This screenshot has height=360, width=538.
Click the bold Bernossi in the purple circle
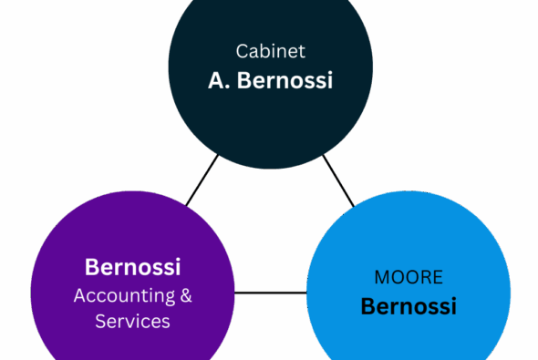[132, 267]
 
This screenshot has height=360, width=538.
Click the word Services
[132, 322]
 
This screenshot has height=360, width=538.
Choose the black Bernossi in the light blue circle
[409, 305]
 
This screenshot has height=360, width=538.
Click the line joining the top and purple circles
[202, 180]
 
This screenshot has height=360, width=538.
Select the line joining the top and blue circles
[338, 180]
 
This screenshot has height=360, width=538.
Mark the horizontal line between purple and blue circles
[270, 293]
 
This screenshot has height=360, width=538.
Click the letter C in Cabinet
[241, 52]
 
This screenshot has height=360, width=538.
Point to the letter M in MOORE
[381, 276]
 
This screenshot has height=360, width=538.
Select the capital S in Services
[99, 322]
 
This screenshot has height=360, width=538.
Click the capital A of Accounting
[79, 295]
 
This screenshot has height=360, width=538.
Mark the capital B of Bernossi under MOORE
[367, 305]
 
